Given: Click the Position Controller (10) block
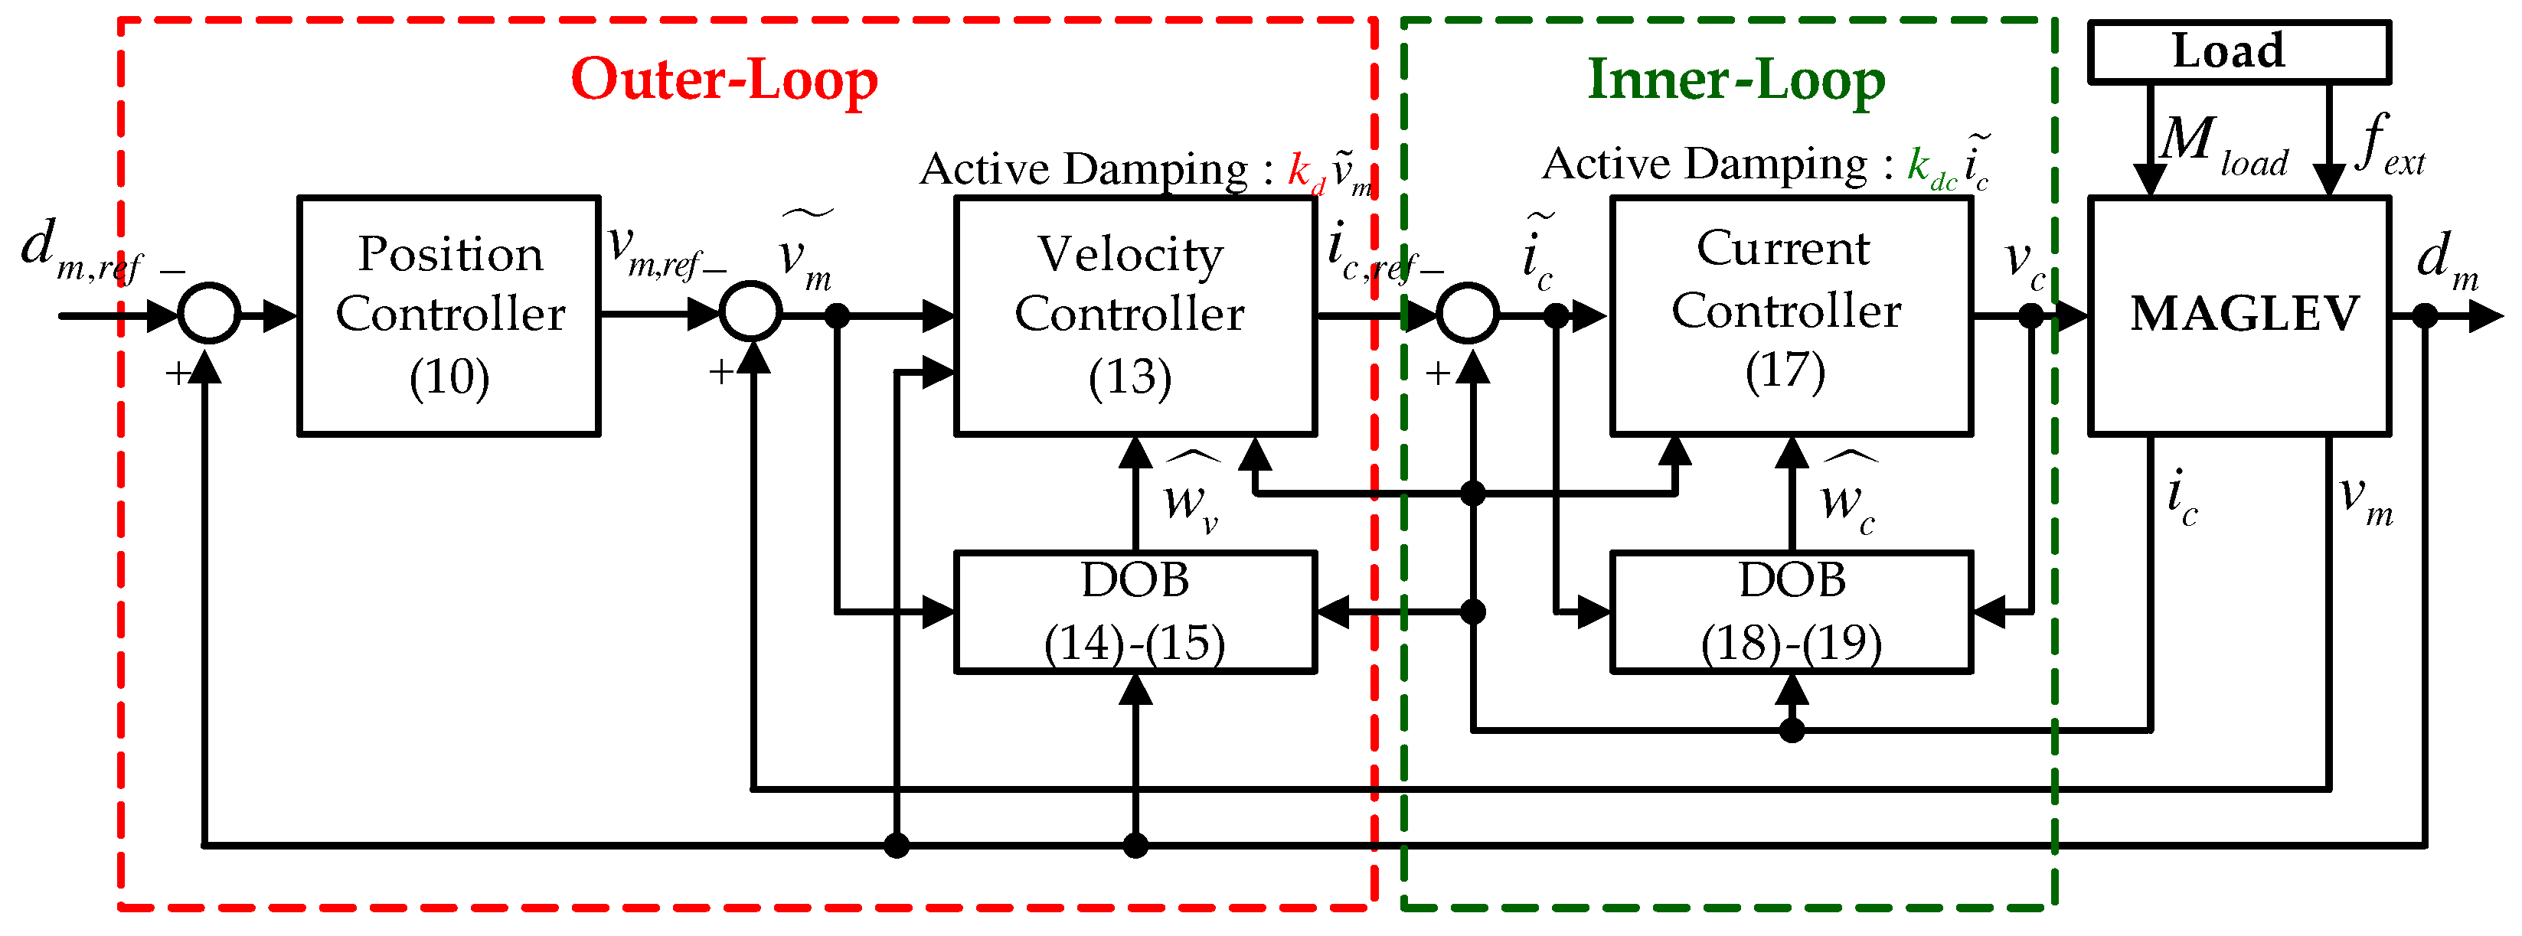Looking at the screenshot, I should [449, 316].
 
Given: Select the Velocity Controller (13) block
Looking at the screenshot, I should [1134, 316].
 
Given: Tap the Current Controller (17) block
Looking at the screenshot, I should [1790, 316].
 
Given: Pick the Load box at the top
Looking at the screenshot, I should [2238, 52].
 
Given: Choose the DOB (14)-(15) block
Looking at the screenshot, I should [1134, 612].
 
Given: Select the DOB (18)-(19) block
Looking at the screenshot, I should [1790, 612].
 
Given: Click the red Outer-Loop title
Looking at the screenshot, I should [724, 80].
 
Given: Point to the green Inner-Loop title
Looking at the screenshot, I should [1735, 80].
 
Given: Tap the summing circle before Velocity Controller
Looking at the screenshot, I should [750, 312].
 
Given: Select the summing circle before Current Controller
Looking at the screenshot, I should [1468, 313].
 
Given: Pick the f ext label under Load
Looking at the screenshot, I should [2389, 145].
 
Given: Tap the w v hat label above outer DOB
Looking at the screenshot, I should [1190, 494].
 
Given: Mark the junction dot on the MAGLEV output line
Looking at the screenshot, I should [2424, 316].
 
